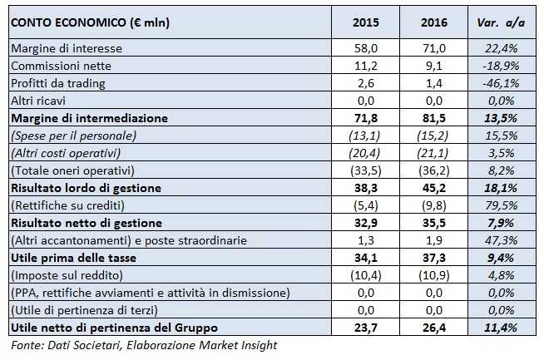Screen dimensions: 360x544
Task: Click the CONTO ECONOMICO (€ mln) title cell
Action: [91, 22]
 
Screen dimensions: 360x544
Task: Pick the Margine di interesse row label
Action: [62, 49]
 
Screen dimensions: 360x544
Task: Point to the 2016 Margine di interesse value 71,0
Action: [437, 49]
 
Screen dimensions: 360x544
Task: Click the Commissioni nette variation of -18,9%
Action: [502, 67]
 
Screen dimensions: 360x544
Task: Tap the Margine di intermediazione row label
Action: [89, 118]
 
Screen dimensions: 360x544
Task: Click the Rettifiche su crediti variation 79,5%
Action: [502, 205]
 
